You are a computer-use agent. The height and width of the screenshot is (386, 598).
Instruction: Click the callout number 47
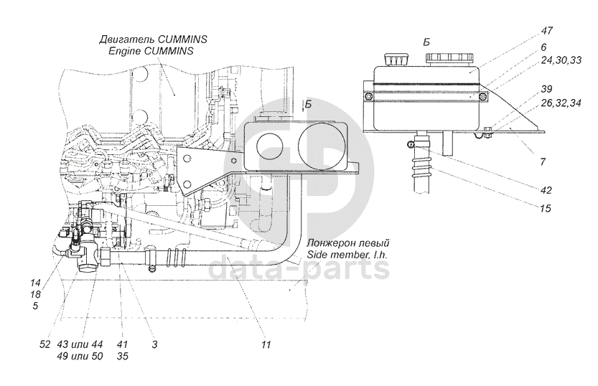(x=547, y=30)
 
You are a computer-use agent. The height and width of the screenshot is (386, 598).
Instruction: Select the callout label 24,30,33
(x=561, y=60)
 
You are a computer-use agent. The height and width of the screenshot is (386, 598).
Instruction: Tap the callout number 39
(x=546, y=89)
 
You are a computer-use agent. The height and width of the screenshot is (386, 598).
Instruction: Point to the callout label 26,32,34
(x=561, y=103)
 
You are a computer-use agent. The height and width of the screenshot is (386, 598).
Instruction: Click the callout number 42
(x=546, y=189)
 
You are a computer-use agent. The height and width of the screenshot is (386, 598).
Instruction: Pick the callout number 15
(x=546, y=209)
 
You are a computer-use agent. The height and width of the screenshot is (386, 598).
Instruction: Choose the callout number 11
(x=266, y=344)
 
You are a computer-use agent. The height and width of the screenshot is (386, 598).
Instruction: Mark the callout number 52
(x=45, y=344)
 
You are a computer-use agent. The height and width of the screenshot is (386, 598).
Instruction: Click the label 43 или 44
(x=80, y=344)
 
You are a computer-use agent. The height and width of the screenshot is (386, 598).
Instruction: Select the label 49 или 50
(x=80, y=357)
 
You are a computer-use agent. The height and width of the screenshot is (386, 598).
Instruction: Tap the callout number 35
(x=123, y=357)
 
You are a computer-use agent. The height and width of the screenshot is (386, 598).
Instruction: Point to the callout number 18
(x=35, y=294)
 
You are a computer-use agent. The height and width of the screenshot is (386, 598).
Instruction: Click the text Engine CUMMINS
(x=151, y=51)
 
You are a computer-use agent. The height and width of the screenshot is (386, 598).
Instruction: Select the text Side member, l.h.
(x=347, y=255)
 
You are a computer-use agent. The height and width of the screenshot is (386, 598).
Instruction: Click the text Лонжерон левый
(x=347, y=243)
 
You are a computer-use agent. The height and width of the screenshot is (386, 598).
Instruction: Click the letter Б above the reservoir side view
(x=426, y=42)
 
